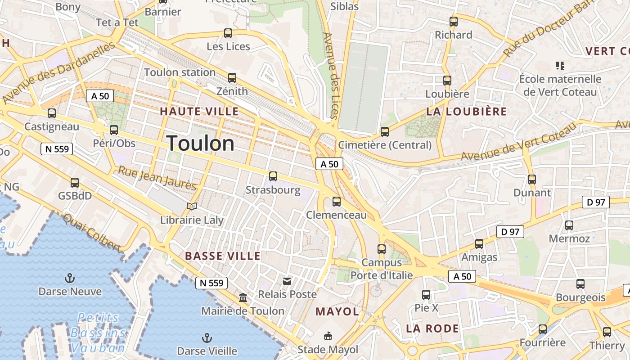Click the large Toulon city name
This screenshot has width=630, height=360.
[201, 144]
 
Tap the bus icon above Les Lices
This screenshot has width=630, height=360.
[228, 33]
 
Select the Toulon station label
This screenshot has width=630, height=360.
[180, 72]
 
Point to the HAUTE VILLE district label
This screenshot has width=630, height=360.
[199, 112]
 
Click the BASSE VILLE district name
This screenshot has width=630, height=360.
[223, 256]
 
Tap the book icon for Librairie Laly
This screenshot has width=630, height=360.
[192, 206]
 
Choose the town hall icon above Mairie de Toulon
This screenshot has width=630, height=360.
[243, 297]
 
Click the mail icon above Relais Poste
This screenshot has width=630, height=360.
[287, 281]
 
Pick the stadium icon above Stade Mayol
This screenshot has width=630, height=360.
[328, 336]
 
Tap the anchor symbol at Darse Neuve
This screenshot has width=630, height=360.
[69, 278]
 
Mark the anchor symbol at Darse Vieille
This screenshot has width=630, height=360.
[207, 337]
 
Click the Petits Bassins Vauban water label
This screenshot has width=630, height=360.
[98, 333]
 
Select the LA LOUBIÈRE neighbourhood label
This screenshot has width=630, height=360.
[466, 112]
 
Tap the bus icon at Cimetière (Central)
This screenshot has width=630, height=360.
[384, 131]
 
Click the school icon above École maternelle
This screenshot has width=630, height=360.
[560, 66]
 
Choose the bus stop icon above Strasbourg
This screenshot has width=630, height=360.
[273, 176]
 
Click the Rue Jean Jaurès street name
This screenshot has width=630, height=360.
[157, 177]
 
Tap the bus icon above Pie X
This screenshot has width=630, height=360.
[426, 295]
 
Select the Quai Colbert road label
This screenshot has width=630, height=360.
[93, 233]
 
